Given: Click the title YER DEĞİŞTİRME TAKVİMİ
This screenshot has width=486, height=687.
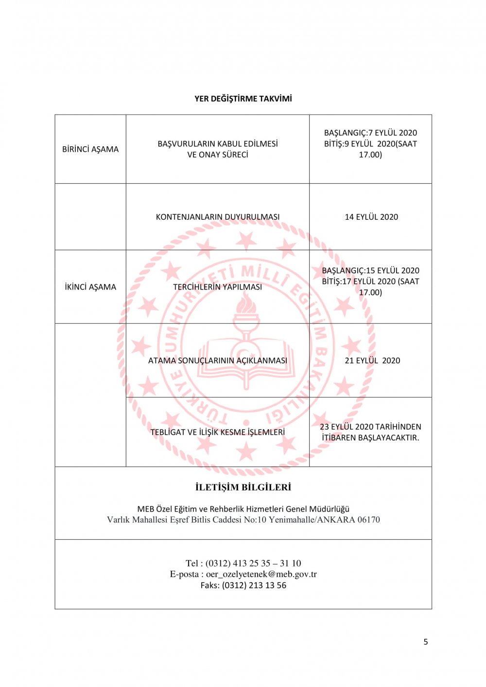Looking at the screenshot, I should pos(243,99).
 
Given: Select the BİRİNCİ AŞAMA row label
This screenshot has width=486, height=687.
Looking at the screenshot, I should pos(90,149).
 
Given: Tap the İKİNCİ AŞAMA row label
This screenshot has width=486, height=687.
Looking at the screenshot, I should pos(90,287).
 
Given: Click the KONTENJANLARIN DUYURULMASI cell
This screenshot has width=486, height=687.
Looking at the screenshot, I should pos(218,217).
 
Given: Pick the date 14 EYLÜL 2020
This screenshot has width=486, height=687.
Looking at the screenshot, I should pos(371,217).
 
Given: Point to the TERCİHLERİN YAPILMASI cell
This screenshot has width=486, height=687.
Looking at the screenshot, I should pos(218,287).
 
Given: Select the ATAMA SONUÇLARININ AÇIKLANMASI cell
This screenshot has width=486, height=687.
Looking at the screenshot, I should pos(218,361).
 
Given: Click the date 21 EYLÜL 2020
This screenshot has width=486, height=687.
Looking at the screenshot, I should pos(372,361).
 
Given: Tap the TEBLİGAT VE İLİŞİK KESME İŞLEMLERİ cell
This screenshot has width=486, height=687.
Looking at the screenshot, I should pos(218,432).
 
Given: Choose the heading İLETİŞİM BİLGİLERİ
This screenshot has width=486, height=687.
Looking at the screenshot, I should pos(243,487).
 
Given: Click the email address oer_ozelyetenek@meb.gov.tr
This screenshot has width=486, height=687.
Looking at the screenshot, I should pos(261,574).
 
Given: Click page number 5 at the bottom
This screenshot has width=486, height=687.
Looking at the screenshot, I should pos(426,642).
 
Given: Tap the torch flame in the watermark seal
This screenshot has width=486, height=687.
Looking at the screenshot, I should pos(246,305).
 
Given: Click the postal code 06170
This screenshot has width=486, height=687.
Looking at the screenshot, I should pos(369,520).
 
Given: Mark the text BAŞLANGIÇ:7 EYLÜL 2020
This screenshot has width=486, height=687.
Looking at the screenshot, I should pos(370,133).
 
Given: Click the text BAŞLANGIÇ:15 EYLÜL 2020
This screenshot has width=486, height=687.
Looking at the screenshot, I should pos(370,271).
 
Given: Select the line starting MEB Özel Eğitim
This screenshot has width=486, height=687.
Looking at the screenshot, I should pos(243,509).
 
